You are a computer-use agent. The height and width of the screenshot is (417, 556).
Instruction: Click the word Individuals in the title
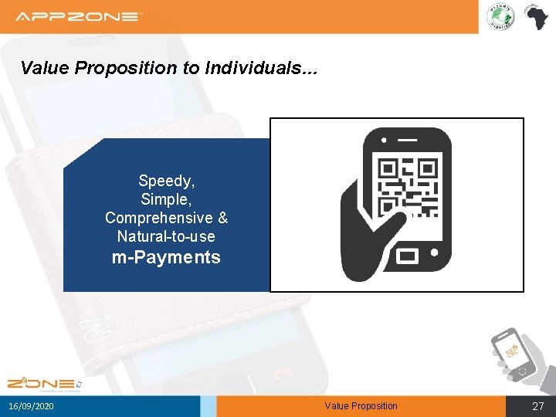(x=254, y=68)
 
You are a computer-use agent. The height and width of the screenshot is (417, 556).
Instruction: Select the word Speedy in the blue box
(x=166, y=181)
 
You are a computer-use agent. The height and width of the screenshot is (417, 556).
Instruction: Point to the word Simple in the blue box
(x=166, y=199)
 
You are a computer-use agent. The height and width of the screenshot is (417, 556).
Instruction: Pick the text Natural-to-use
(x=166, y=236)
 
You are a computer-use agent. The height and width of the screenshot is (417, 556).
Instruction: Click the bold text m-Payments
(x=166, y=257)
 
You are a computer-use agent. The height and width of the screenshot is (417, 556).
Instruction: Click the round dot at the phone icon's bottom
(x=436, y=253)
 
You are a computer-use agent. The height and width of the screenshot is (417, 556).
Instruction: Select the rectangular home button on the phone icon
(x=407, y=255)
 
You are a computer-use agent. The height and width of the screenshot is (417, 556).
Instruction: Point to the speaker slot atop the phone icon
(x=407, y=141)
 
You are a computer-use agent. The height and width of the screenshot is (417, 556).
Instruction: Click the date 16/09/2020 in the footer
(x=32, y=406)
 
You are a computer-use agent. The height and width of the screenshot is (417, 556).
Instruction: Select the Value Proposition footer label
(x=361, y=406)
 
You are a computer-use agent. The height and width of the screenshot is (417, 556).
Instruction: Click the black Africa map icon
(x=534, y=16)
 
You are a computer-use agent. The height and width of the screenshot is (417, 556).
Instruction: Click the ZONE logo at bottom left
(x=42, y=383)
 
